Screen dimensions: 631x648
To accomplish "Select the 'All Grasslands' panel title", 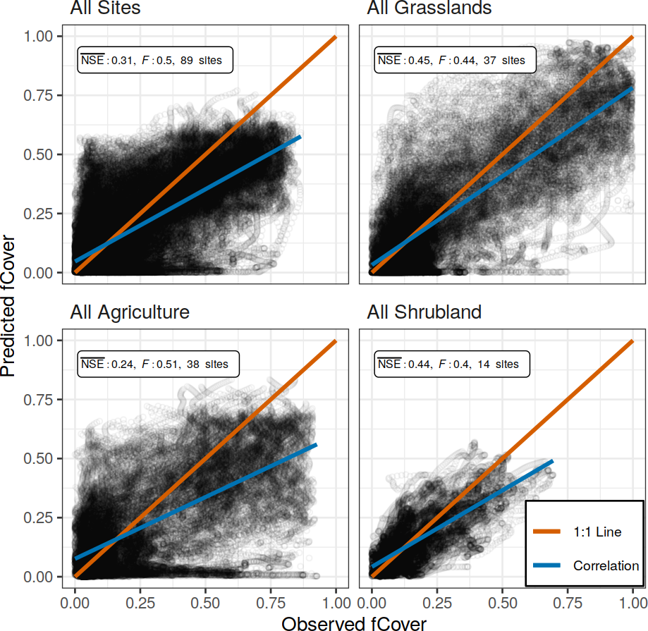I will [429, 8].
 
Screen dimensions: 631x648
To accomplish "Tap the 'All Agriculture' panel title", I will [130, 312].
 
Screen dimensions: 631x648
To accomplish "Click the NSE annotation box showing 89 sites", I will [155, 61].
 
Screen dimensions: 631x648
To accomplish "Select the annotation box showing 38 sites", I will [158, 364].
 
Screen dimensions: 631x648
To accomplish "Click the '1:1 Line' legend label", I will [597, 532].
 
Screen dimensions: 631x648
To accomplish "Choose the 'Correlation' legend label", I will [606, 565].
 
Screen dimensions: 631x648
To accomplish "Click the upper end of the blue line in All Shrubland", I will [552, 461].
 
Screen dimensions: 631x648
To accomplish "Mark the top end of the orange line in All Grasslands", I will [632, 37].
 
